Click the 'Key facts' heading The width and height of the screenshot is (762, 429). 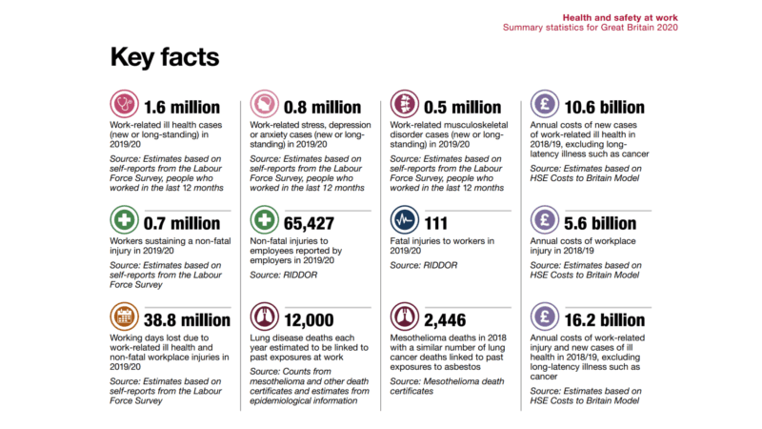[x=165, y=56]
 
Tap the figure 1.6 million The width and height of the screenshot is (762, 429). [x=181, y=107]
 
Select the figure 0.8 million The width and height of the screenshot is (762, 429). [x=322, y=107]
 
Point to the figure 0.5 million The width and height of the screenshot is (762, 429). [x=462, y=107]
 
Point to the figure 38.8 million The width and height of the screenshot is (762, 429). [x=187, y=320]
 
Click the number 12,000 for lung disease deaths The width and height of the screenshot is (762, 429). [x=310, y=320]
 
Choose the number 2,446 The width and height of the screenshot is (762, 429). [x=446, y=320]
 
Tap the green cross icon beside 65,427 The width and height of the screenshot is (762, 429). [x=264, y=222]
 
